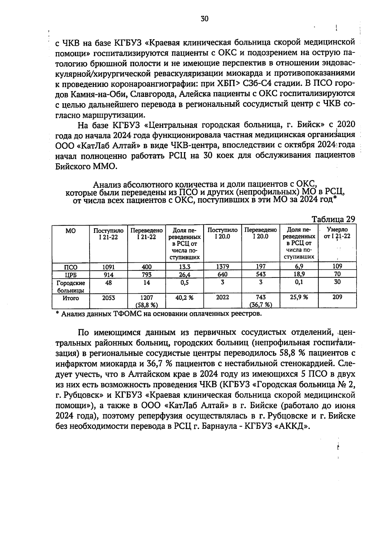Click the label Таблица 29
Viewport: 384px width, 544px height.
333,219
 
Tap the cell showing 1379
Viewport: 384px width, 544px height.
222,267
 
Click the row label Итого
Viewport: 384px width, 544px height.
71,298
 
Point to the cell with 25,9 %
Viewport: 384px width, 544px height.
299,297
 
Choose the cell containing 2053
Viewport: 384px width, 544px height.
109,297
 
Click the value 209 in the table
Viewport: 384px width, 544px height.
337,297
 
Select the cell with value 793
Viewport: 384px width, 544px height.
147,274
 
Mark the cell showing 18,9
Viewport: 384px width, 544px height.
299,274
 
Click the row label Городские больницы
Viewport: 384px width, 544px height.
71,287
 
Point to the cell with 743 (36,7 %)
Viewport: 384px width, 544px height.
260,301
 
